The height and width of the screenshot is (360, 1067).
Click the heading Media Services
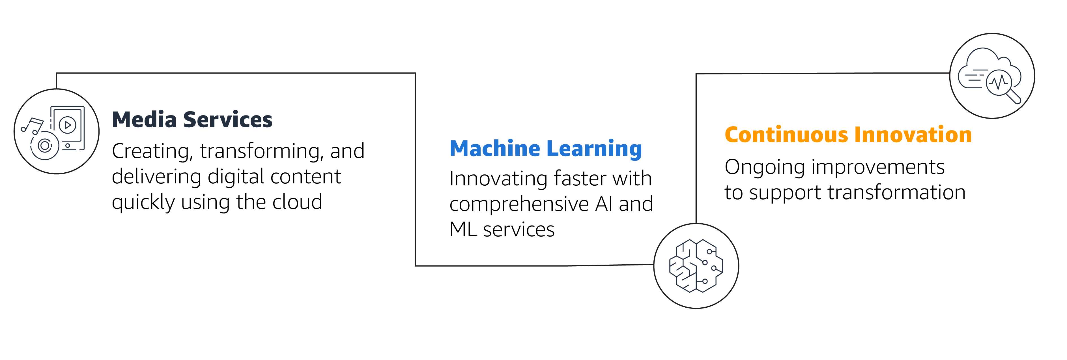pyautogui.click(x=192, y=120)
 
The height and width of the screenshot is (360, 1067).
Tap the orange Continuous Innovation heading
pyautogui.click(x=848, y=135)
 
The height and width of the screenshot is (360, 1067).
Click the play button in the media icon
pyautogui.click(x=68, y=125)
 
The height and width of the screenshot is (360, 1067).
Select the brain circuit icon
pyautogui.click(x=696, y=265)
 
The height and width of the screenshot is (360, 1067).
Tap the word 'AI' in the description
pyautogui.click(x=603, y=204)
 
